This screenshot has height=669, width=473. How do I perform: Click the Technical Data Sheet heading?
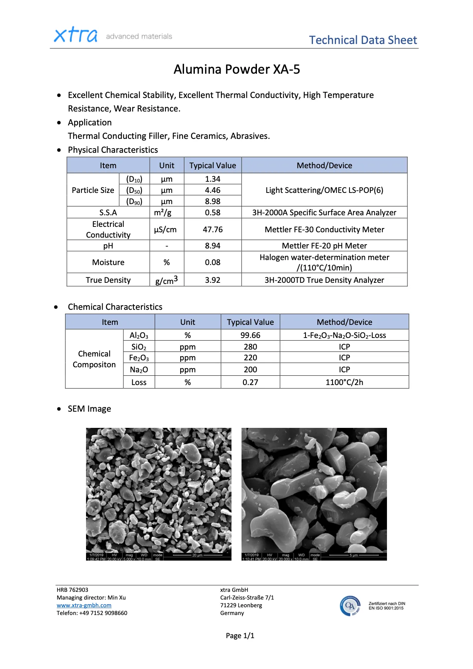point(363,40)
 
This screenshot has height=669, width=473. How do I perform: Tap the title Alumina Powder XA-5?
point(236,69)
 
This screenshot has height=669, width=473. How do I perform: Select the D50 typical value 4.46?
point(213,190)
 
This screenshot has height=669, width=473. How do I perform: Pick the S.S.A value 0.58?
point(213,213)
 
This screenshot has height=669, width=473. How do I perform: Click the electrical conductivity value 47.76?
point(213,230)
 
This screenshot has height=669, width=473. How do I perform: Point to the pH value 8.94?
point(213,246)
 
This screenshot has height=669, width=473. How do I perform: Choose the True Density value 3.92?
point(213,280)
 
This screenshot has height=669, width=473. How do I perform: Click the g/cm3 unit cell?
point(167,280)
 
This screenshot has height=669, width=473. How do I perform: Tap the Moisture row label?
point(108,262)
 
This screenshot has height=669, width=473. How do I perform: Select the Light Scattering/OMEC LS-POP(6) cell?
point(324,190)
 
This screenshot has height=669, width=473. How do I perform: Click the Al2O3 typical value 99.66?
point(250,335)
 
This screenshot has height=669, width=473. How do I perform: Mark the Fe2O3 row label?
point(139,358)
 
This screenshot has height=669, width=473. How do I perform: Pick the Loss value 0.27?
point(250,382)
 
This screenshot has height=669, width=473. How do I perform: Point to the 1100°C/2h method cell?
point(344,382)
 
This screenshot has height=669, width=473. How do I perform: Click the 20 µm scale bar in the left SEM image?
point(197,555)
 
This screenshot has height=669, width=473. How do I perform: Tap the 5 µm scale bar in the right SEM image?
point(353,555)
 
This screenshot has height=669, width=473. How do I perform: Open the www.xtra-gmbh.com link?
point(84,605)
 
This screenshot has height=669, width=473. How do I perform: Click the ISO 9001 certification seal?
point(350,606)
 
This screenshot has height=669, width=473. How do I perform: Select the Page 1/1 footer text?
point(240,636)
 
